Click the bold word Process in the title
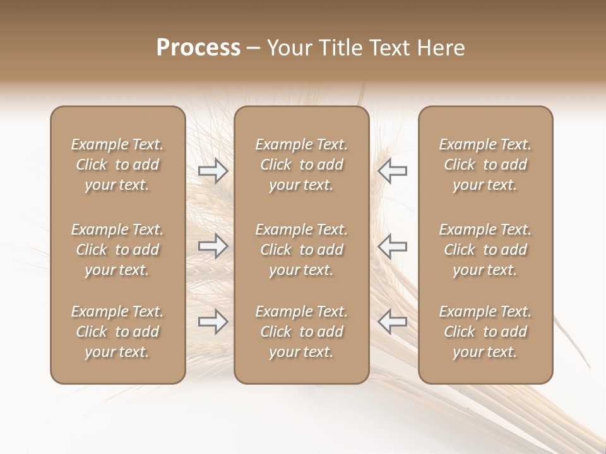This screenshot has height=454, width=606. tap(198, 47)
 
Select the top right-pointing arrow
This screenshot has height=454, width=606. tap(213, 170)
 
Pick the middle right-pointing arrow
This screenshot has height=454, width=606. tap(213, 245)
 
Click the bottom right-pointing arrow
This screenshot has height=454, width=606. tap(213, 322)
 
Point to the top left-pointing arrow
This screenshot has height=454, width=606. tap(392, 170)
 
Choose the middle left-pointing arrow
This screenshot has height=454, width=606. tap(392, 245)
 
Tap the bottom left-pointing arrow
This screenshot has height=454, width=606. tap(392, 322)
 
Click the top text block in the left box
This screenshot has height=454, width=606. tap(117, 165)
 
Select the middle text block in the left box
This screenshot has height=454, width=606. tap(117, 250)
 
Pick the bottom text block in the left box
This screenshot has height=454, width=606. tap(117, 332)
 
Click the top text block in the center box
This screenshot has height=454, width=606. tap(301, 165)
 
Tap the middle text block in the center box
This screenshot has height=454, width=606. tap(301, 250)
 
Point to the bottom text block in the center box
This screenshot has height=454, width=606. tap(301, 332)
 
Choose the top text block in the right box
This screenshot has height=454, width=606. tap(485, 165)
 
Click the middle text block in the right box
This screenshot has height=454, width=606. tap(485, 250)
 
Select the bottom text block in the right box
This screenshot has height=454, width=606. tap(485, 332)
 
